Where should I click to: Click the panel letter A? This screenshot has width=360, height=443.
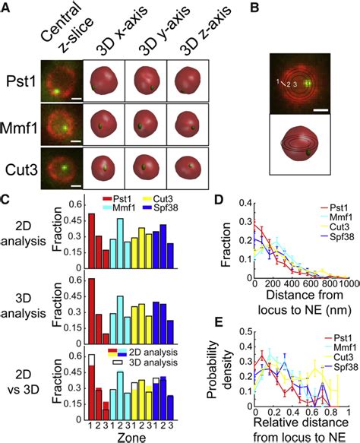point(7,7)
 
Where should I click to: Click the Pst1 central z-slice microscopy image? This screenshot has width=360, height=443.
point(60,81)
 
